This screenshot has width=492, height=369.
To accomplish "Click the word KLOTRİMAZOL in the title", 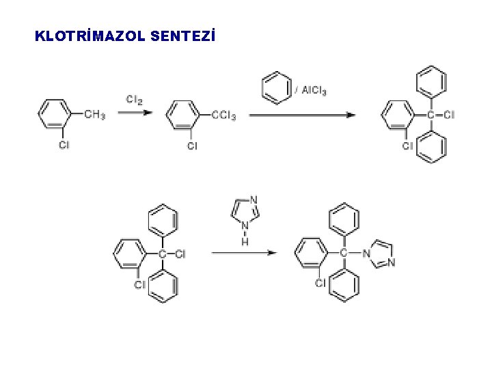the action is tap(89, 36).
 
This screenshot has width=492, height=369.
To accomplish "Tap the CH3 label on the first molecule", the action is tap(94, 115).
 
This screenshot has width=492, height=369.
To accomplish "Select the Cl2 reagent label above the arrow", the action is tap(135, 100).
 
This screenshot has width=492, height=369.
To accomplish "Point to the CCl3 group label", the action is tap(223, 115).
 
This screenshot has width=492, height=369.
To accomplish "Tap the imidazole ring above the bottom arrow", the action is tap(245, 210).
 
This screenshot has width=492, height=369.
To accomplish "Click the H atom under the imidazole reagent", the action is tap(245, 241).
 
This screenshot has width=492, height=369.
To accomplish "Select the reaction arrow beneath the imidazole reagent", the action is tap(243, 253).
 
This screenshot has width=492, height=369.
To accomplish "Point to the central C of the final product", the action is tap(344, 254).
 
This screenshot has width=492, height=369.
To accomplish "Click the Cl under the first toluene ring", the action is tap(64, 146).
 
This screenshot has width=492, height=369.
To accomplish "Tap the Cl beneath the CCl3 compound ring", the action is tap(192, 146).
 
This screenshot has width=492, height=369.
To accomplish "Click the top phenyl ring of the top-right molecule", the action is tap(431, 81).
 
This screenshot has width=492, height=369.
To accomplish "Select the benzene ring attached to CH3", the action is tap(55, 115).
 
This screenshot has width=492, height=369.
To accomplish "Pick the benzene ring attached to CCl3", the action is tap(182, 115).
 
